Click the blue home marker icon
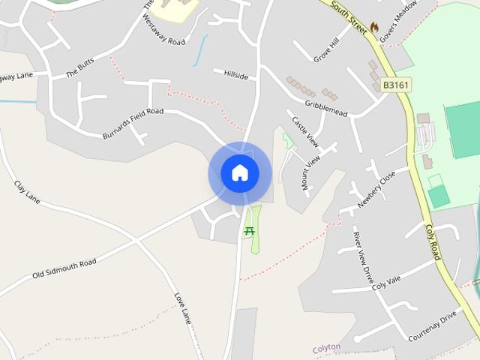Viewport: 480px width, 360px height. click(239, 173)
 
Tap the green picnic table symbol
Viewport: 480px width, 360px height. click(249, 232)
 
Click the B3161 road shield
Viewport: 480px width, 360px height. click(395, 85)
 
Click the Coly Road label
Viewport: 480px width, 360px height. click(433, 242)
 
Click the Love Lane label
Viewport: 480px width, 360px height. click(182, 308)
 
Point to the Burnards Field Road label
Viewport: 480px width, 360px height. click(133, 124)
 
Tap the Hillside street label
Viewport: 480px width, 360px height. click(235, 75)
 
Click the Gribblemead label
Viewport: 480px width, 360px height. click(326, 108)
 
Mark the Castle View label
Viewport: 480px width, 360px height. click(305, 130)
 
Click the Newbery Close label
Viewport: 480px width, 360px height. click(376, 188)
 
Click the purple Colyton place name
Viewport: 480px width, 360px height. click(326, 347)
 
